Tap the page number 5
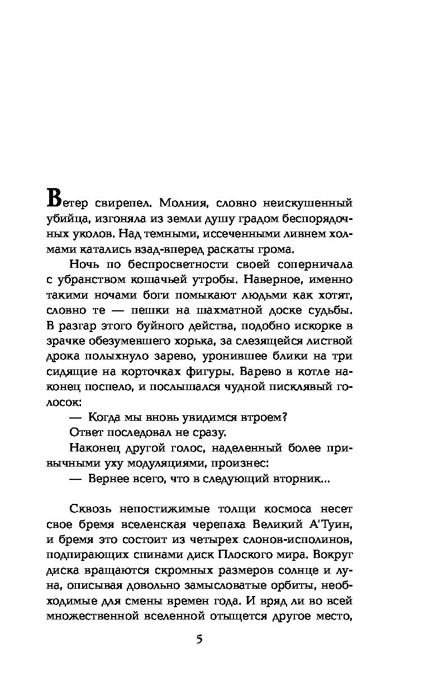(199, 640)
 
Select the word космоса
(266, 510)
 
